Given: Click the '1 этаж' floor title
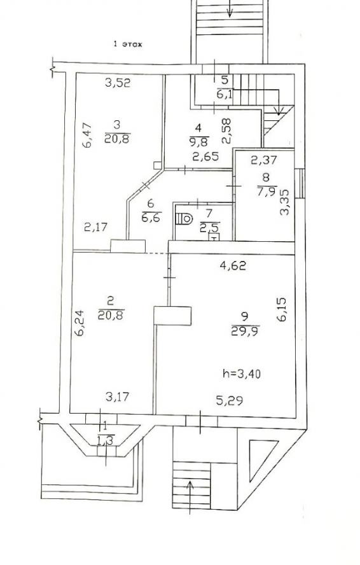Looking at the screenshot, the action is (x=128, y=45).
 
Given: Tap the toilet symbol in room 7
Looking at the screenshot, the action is (x=184, y=218).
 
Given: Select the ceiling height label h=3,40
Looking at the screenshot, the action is (x=242, y=374).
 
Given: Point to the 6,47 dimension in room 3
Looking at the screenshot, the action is (x=87, y=136).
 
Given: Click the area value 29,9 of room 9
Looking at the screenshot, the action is (x=246, y=330).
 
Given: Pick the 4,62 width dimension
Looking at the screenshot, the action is (x=233, y=266).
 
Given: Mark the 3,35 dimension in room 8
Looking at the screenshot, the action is (x=285, y=203).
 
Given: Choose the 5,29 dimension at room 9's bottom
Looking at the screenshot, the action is (x=229, y=400).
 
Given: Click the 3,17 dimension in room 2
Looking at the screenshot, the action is (x=118, y=397).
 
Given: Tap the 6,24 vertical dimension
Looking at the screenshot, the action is (x=79, y=323).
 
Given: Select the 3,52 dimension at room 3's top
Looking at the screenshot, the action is (x=118, y=83).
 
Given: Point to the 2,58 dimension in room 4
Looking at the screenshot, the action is (x=226, y=132).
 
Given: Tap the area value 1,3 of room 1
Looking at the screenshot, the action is (x=104, y=440).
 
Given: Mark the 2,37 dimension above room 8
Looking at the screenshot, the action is (x=264, y=160).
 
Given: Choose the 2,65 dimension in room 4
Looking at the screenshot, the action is (x=205, y=157).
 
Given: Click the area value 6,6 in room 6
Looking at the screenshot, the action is (x=151, y=217).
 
